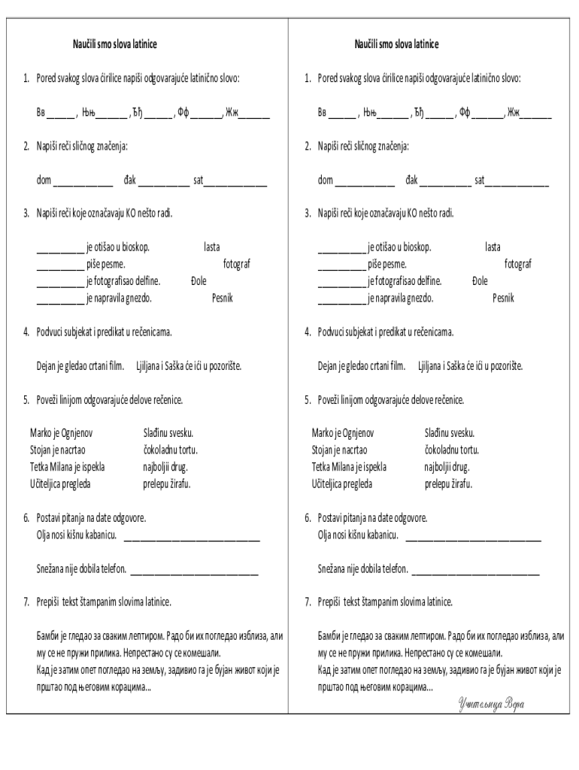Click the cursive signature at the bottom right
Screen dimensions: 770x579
(490, 704)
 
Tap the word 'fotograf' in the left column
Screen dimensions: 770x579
(237, 264)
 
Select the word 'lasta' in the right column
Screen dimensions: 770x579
(493, 247)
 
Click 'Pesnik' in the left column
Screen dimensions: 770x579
(223, 298)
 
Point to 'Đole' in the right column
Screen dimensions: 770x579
(480, 280)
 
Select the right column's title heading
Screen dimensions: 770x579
(396, 44)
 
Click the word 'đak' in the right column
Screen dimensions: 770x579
(412, 180)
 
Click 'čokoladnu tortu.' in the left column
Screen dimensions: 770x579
(170, 450)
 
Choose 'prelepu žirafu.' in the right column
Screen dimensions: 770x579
(448, 484)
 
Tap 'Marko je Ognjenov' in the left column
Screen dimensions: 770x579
(62, 433)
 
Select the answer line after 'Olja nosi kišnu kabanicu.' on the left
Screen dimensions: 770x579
(191, 538)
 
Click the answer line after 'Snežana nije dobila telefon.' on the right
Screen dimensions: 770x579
(475, 572)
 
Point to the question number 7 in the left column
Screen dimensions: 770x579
(26, 602)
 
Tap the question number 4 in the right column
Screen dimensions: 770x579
(308, 332)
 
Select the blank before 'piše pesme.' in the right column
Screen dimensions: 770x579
(341, 266)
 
